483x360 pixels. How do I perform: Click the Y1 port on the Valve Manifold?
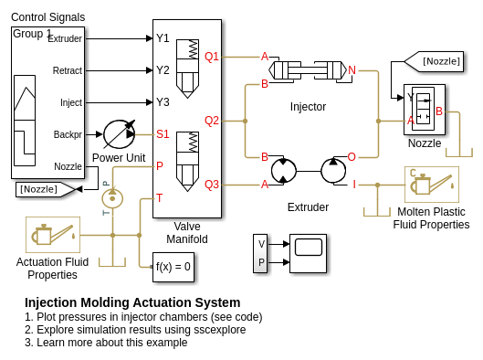pyautogui.click(x=163, y=38)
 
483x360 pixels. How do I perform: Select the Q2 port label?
pyautogui.click(x=212, y=121)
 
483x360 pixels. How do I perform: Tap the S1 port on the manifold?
pyautogui.click(x=163, y=134)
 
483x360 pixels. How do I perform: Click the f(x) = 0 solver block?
pyautogui.click(x=173, y=267)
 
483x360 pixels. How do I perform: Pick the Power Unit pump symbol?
pyautogui.click(x=120, y=134)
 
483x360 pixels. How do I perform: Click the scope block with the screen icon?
pyautogui.click(x=308, y=253)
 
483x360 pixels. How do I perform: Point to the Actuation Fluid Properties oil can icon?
pyautogui.click(x=53, y=235)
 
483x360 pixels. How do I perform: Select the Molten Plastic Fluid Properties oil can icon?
pyautogui.click(x=432, y=185)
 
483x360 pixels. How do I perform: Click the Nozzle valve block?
pyautogui.click(x=425, y=110)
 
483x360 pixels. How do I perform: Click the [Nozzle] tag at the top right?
pyautogui.click(x=434, y=61)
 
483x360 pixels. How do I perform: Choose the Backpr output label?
pyautogui.click(x=68, y=134)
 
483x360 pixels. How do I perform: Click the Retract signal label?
pyautogui.click(x=68, y=70)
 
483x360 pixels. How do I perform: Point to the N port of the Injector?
pyautogui.click(x=352, y=70)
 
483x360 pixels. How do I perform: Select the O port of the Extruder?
pyautogui.click(x=352, y=157)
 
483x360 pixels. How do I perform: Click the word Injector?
pyautogui.click(x=308, y=107)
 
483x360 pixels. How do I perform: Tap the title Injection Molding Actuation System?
pyautogui.click(x=132, y=302)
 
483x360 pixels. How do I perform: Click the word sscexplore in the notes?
pyautogui.click(x=220, y=330)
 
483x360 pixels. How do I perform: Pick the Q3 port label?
pyautogui.click(x=212, y=185)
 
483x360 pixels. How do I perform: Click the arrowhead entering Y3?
pyautogui.click(x=150, y=102)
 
